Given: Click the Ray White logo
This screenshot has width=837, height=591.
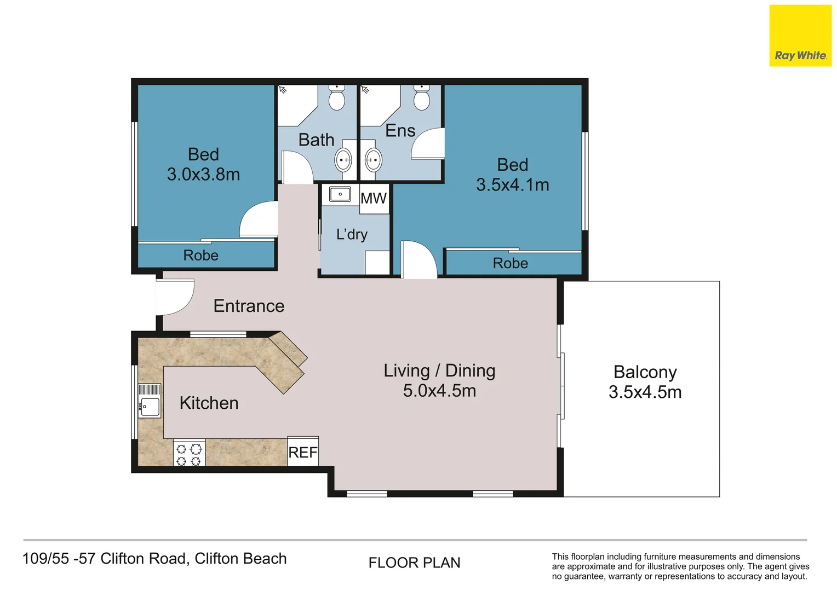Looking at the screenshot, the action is [800, 36].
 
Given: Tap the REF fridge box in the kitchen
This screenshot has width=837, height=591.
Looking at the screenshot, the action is [303, 451].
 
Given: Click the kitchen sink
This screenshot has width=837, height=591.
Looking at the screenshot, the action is [150, 401].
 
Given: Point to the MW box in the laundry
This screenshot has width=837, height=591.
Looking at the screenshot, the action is [374, 199].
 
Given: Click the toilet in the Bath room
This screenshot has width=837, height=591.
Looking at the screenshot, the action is [337, 97].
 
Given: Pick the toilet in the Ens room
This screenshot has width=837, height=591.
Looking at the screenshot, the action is [421, 97].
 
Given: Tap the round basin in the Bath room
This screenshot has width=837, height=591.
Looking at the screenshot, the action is [343, 160].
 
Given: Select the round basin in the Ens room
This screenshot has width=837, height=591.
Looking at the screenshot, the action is [373, 160].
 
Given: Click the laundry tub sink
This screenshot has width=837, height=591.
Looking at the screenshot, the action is [340, 194].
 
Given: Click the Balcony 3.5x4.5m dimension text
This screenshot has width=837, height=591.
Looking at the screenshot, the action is [645, 392].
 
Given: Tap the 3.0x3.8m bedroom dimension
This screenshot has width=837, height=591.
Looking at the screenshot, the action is [203, 175].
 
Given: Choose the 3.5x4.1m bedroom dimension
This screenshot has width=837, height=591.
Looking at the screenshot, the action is [513, 185].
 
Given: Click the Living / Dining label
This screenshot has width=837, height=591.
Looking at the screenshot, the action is [439, 370].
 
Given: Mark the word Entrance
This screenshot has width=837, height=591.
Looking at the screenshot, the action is [249, 306].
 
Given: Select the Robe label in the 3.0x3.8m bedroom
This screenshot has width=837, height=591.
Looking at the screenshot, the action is [200, 256].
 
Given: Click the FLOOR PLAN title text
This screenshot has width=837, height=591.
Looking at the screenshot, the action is [414, 563].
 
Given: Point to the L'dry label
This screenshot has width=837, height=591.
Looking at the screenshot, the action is [352, 234].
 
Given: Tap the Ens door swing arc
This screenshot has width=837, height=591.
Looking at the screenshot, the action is [428, 143].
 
